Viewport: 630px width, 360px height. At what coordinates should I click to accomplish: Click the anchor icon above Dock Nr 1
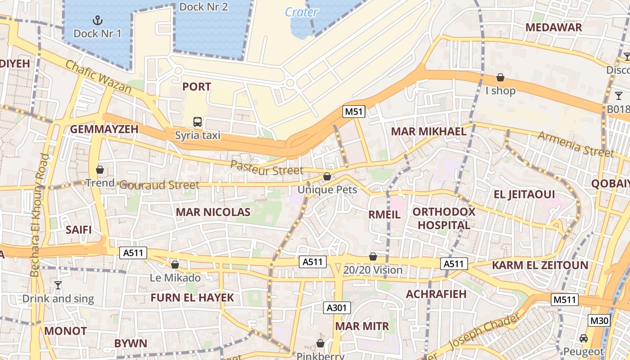(97, 20)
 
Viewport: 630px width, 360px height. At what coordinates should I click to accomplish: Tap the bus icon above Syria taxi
(197, 121)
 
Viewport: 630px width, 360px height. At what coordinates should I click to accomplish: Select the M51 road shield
(354, 112)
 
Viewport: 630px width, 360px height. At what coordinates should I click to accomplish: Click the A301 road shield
(337, 308)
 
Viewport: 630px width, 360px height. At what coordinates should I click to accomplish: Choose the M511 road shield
(565, 299)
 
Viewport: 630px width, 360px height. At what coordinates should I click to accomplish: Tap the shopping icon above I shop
(500, 78)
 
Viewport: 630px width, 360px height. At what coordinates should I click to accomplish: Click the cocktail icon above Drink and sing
(58, 285)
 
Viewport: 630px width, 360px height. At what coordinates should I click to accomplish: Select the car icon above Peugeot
(584, 338)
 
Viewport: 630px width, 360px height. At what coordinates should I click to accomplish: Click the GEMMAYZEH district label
(104, 130)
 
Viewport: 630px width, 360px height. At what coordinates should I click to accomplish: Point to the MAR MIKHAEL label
(428, 131)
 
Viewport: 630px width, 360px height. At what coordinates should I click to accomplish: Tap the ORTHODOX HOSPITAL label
(444, 218)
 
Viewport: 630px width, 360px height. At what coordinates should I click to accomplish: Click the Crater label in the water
(301, 12)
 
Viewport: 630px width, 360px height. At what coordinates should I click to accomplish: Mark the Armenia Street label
(576, 144)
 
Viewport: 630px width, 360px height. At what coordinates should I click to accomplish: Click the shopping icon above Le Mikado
(175, 265)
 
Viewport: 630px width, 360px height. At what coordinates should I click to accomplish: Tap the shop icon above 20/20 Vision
(373, 256)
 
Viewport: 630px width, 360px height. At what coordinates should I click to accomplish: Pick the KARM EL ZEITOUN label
(540, 265)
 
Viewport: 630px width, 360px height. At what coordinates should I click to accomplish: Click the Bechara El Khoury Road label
(39, 215)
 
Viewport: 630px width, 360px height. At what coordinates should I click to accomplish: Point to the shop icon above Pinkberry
(320, 343)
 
